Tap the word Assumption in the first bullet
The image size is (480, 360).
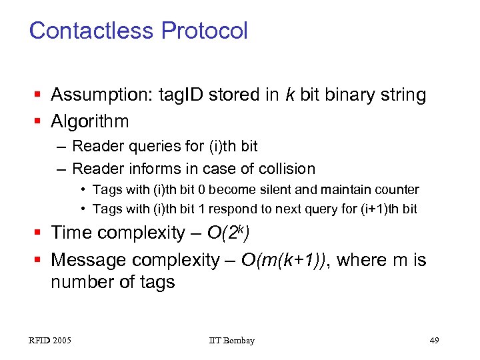(x=101, y=95)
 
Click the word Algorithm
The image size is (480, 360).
(x=90, y=121)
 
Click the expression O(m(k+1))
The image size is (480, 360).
(x=286, y=259)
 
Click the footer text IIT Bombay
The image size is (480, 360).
(x=231, y=341)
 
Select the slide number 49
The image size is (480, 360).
(x=434, y=341)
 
